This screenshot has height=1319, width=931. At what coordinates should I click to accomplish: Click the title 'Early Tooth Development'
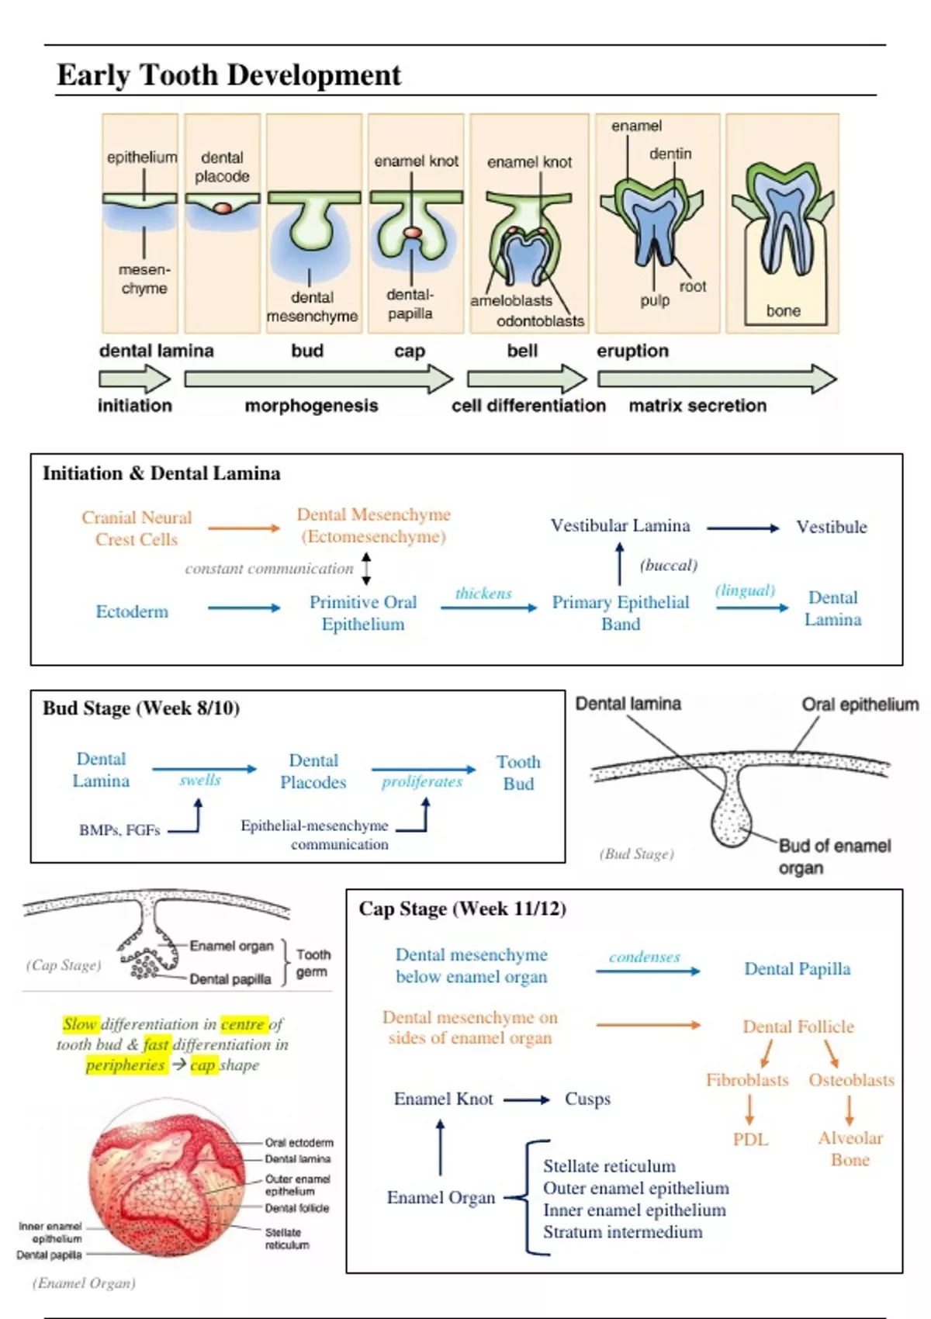pyautogui.click(x=229, y=75)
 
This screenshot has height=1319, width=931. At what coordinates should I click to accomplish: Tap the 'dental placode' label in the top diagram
pyautogui.click(x=222, y=167)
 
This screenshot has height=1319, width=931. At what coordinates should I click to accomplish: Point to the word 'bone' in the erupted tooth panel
pyautogui.click(x=783, y=311)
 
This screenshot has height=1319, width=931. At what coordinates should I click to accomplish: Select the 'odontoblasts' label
pyautogui.click(x=540, y=321)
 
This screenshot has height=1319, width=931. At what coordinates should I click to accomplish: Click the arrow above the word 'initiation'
pyautogui.click(x=134, y=379)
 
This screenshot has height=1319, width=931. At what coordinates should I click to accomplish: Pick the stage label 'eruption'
pyautogui.click(x=632, y=351)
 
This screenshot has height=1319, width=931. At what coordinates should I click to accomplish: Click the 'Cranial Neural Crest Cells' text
pyautogui.click(x=137, y=528)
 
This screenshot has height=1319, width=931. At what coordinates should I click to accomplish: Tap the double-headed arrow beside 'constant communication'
pyautogui.click(x=367, y=569)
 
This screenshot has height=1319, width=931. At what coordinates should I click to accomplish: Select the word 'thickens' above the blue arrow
pyautogui.click(x=483, y=594)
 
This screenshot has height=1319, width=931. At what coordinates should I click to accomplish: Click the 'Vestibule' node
pyautogui.click(x=831, y=528)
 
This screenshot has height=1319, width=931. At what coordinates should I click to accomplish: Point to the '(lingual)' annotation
pyautogui.click(x=745, y=590)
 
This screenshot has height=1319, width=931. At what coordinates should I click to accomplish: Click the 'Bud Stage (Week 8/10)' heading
pyautogui.click(x=141, y=708)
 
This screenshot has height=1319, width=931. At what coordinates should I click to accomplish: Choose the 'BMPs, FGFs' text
pyautogui.click(x=119, y=830)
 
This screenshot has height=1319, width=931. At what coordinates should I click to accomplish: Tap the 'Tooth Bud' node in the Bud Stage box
pyautogui.click(x=518, y=773)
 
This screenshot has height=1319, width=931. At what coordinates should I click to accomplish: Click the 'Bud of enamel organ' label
pyautogui.click(x=834, y=857)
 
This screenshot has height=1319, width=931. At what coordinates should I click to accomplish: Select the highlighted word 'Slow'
pyautogui.click(x=80, y=1024)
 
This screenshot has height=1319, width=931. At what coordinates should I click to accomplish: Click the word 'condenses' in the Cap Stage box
pyautogui.click(x=644, y=957)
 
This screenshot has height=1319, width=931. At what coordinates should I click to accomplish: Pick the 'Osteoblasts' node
pyautogui.click(x=851, y=1080)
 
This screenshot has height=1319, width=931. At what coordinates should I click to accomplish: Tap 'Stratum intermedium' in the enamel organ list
pyautogui.click(x=622, y=1232)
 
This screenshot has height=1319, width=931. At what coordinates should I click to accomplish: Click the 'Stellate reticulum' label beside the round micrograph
pyautogui.click(x=286, y=1238)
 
